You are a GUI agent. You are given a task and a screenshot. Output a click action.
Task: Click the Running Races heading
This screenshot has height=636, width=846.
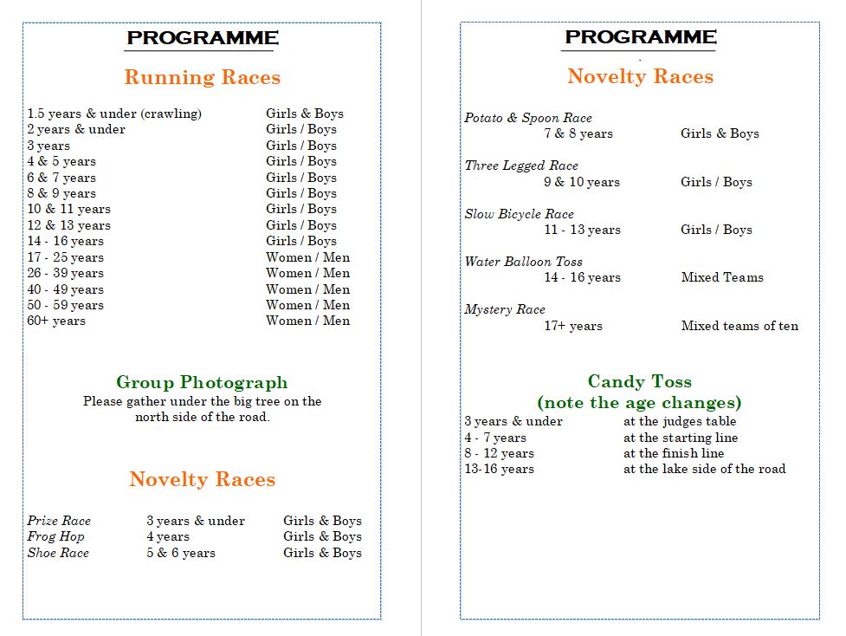203,77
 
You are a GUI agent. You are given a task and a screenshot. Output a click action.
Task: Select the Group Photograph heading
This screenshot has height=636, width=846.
202,382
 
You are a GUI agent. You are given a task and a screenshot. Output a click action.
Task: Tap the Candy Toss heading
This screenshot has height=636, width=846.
639,381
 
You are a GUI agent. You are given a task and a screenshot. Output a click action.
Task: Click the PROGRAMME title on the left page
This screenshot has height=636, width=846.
203,38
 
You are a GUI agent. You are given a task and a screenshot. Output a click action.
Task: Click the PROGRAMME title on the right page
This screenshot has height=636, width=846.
641,37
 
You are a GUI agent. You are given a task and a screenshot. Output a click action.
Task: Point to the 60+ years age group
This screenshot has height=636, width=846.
56,321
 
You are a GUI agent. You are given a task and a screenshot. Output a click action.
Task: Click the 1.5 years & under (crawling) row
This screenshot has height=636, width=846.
114,114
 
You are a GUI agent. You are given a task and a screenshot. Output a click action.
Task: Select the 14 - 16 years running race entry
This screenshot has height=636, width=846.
65,241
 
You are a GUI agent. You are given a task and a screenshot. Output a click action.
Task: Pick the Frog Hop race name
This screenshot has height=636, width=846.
55,536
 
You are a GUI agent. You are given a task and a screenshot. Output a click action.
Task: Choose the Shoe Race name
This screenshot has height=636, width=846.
58,553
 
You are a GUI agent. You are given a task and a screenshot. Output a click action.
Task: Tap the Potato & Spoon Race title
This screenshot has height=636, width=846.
528,118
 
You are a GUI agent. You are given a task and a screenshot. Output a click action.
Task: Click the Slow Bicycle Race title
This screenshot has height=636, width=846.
519,214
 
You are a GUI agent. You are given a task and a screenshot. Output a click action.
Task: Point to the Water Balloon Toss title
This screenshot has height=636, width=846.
523,262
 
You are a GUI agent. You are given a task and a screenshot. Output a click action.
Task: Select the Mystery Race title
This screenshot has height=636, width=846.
505,309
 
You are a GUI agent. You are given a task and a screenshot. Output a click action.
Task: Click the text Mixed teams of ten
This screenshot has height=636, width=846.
739,326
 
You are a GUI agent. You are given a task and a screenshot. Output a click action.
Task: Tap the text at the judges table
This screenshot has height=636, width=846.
680,421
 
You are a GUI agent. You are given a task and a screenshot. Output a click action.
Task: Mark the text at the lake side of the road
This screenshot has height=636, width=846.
704,469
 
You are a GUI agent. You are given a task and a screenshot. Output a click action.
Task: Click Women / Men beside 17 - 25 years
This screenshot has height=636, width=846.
308,257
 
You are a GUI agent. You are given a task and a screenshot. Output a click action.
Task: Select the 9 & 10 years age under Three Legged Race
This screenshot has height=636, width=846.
582,182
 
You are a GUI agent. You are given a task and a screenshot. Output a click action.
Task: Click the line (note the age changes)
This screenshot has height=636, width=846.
639,403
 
